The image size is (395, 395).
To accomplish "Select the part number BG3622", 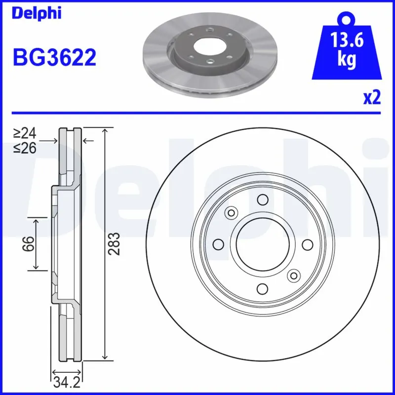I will point(54,58).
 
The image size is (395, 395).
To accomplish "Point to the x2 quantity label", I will point(372,98).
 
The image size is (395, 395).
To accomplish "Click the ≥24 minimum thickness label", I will point(25,133).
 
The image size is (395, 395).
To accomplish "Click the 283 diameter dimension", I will point(114,244).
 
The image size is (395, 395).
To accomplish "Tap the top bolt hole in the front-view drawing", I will point(262,199).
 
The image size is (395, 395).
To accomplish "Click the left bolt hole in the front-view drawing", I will point(218,244).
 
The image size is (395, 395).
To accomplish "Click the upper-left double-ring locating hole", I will point(231,213).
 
